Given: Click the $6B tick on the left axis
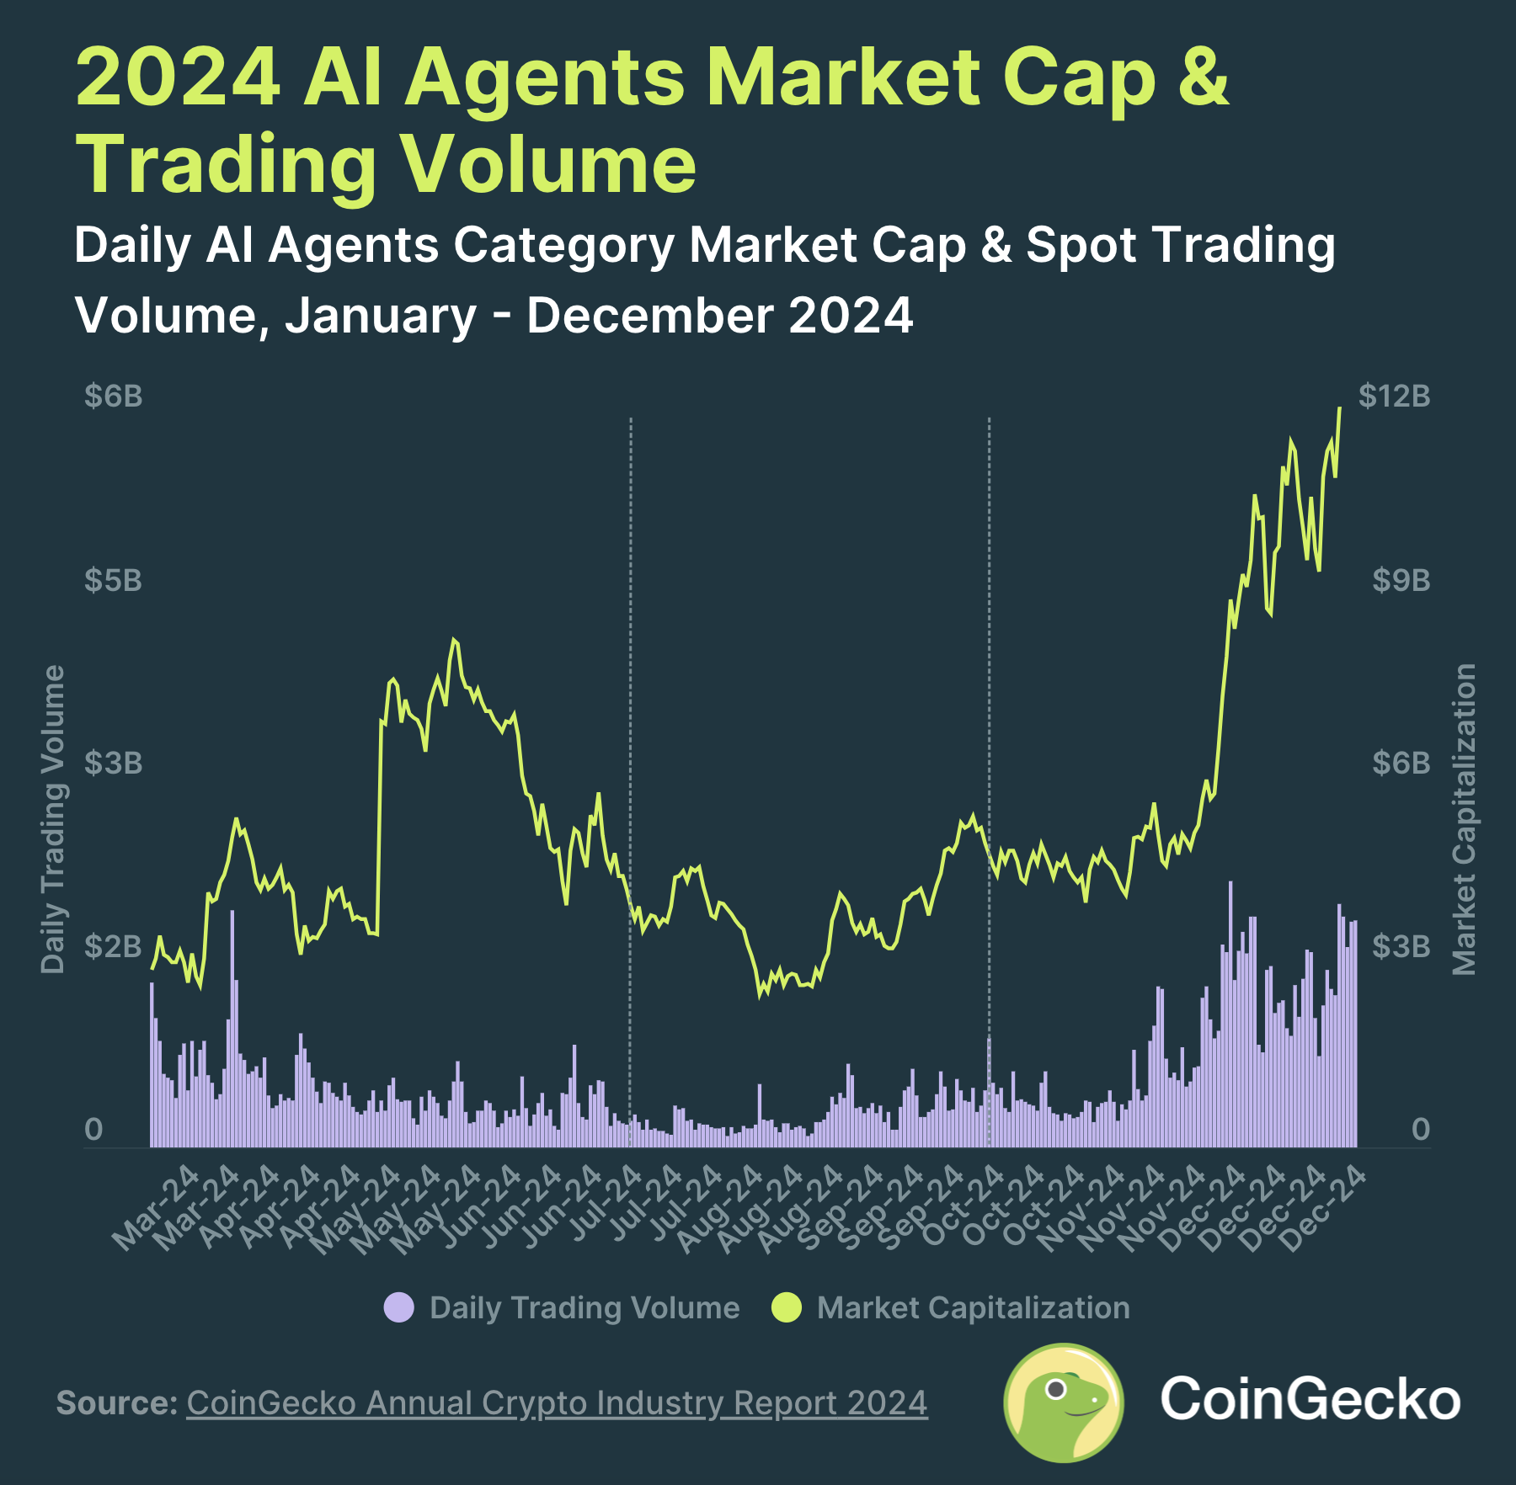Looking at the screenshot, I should pos(113,396).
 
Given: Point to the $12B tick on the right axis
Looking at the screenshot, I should pos(1394,396).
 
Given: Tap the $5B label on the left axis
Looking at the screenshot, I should pos(113,580).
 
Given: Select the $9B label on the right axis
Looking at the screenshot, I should pos(1401,580).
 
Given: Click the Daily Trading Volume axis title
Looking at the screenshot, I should pos(53,819).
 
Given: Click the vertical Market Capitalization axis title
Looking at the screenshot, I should pos(1465,819).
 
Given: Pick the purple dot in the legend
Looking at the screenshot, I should pos(398,1307).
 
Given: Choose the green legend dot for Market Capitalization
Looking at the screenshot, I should pos(787,1307).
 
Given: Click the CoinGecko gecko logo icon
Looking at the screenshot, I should pos(1064,1402).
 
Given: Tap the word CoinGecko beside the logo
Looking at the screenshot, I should pos(1310,1400).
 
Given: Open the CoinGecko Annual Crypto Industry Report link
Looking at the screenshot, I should pos(557,1403).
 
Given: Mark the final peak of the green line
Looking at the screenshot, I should pos(1339,410).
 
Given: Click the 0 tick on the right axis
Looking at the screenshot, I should pos(1420,1130).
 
